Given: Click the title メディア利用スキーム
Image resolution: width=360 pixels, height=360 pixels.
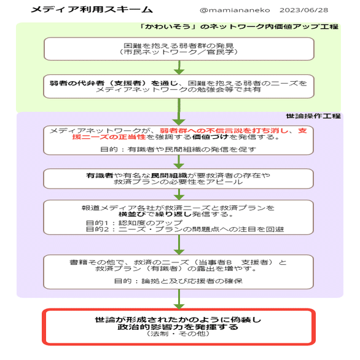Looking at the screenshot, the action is click(x=92, y=9).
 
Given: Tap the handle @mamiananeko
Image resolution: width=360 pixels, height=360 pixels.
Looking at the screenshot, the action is click(x=235, y=10).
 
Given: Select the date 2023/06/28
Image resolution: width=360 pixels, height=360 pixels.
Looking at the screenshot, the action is click(x=303, y=10).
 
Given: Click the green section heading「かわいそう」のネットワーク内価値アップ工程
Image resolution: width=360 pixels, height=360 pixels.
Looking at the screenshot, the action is click(x=239, y=26).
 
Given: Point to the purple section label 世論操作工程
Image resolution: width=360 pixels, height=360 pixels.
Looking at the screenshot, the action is click(x=313, y=116).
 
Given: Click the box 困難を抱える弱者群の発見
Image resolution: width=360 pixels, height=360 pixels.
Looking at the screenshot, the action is click(x=179, y=49).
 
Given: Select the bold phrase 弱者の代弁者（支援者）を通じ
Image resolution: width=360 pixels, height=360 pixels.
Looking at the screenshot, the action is click(x=114, y=83).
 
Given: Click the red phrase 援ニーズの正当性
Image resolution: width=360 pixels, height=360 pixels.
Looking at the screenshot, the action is click(x=109, y=137).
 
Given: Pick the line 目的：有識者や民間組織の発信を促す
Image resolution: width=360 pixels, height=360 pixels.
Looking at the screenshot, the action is click(x=178, y=149).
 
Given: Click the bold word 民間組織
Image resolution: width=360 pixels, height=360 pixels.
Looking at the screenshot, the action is click(x=169, y=176).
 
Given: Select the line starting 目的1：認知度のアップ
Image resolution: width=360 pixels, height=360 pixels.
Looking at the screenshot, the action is click(x=134, y=223).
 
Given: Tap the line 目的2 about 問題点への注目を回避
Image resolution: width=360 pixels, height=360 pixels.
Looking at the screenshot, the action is click(x=185, y=229).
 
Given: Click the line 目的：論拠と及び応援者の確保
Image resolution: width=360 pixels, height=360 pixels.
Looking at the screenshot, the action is click(x=178, y=281).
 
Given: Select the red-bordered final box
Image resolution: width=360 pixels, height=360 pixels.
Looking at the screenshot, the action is click(x=179, y=310).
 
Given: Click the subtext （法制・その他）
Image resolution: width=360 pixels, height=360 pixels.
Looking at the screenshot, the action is click(x=178, y=334).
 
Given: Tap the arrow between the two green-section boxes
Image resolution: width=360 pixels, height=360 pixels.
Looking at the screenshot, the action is click(x=179, y=68).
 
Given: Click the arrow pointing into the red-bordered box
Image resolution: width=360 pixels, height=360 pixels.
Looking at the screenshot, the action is click(x=179, y=299).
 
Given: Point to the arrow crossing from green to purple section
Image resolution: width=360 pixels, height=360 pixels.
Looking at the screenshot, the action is click(x=179, y=112).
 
